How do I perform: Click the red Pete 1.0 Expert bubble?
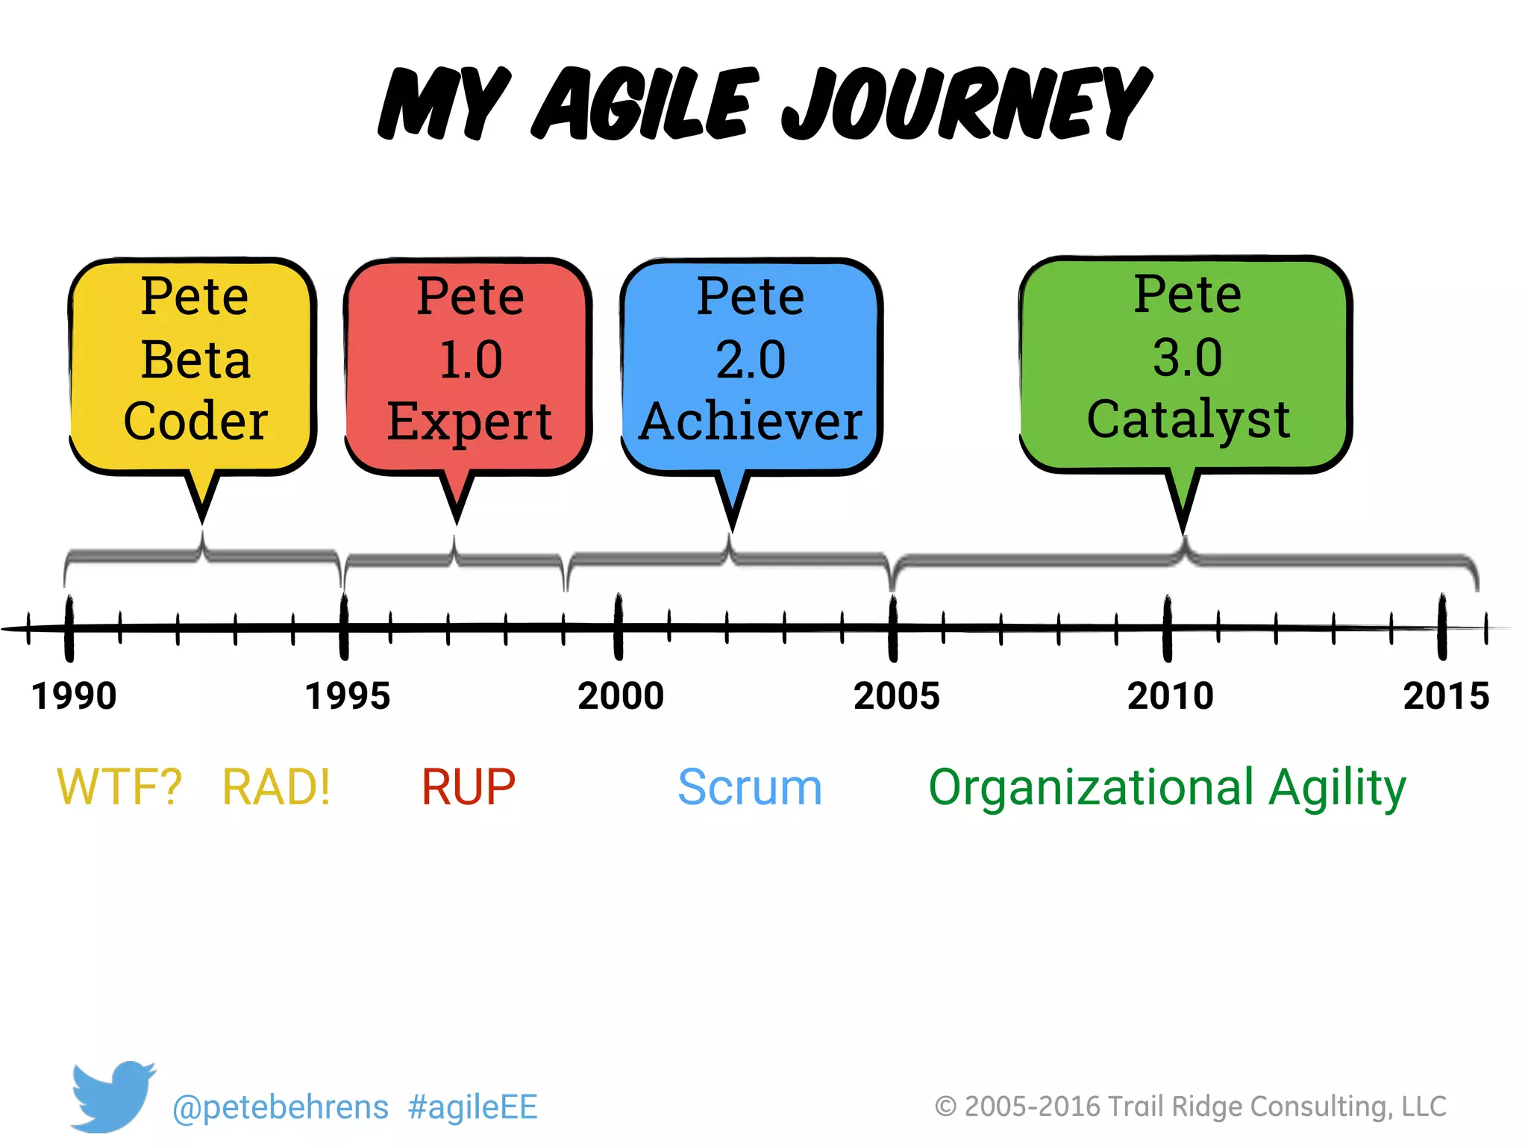469,366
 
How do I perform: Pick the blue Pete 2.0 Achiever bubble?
751,366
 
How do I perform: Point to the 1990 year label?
73,696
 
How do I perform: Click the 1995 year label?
347,696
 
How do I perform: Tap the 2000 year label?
621,696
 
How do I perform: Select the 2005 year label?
896,696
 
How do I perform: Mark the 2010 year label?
1170,696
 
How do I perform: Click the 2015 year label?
1445,696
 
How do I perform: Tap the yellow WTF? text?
119,787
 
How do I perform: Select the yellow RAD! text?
276,787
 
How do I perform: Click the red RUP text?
468,787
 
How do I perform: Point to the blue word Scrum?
749,787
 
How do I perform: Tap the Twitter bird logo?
112,1095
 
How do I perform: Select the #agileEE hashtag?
472,1107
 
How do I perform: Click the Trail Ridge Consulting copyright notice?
1190,1106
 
